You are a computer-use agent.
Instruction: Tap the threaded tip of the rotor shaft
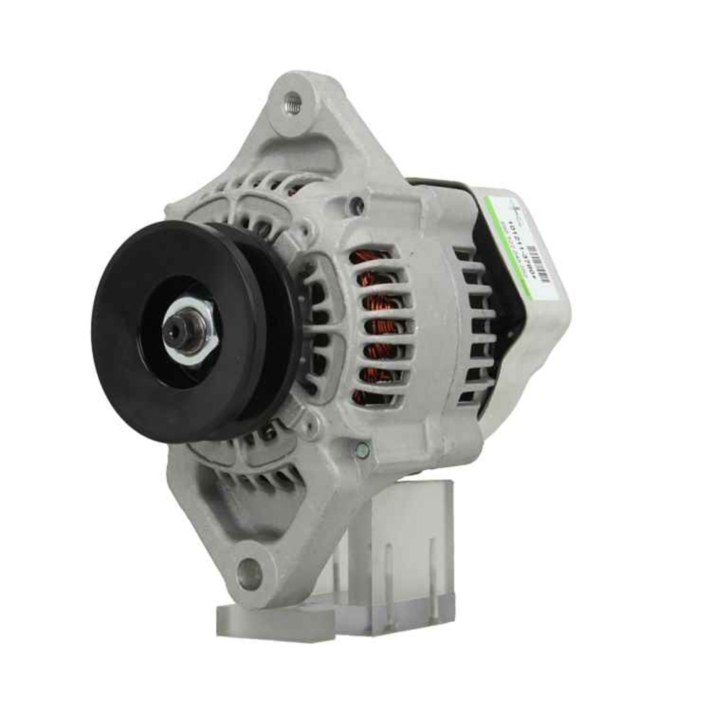(175, 330)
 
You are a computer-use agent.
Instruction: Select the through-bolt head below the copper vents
(362, 449)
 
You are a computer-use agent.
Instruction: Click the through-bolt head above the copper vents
(356, 206)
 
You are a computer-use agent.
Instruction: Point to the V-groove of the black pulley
(274, 327)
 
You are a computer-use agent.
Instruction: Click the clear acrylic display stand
(405, 540)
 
